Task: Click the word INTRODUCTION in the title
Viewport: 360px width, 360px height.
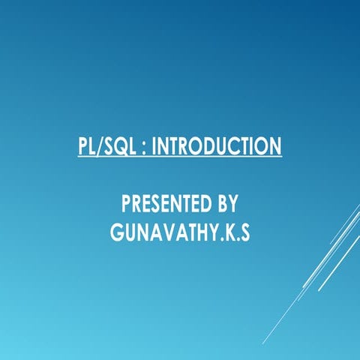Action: pos(217,145)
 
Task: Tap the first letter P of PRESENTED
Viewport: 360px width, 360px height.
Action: pos(126,204)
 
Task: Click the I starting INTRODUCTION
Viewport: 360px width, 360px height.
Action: pos(155,145)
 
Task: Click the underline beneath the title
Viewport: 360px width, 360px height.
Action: pos(180,156)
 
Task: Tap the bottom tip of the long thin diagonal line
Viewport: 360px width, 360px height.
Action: pos(262,343)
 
